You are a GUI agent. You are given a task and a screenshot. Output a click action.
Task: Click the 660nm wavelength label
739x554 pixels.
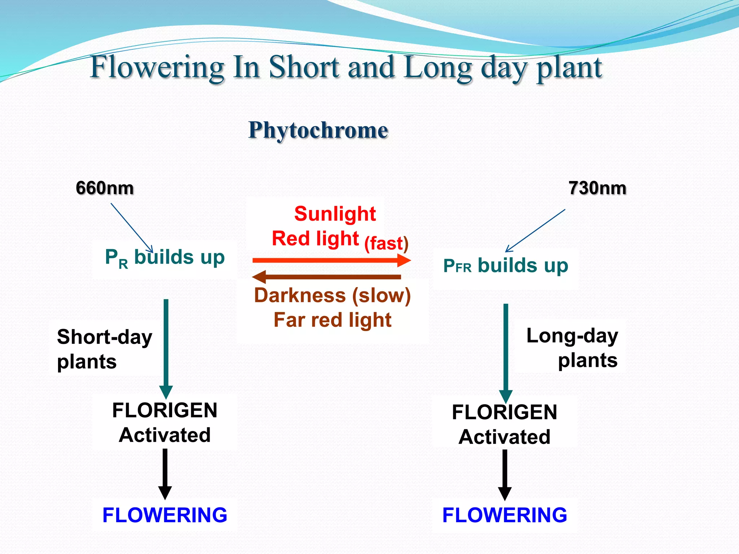tap(105, 188)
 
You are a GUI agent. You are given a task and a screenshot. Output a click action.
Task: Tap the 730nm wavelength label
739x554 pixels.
tap(597, 188)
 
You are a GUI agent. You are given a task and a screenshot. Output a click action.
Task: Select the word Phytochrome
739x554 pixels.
tap(318, 130)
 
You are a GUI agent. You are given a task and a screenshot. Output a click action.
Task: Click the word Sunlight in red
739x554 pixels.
tap(335, 214)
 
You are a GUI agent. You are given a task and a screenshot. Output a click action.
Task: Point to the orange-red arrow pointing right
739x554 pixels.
tap(331, 260)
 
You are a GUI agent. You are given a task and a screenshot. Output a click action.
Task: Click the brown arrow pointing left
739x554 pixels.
tap(327, 277)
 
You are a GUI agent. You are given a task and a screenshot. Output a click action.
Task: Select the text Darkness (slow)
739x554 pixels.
tap(332, 295)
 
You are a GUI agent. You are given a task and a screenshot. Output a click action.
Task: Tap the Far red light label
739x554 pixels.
tap(332, 320)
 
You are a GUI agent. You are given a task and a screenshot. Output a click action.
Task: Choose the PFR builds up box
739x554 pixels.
tap(506, 266)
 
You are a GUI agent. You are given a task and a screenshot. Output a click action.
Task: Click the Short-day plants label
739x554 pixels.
tap(104, 349)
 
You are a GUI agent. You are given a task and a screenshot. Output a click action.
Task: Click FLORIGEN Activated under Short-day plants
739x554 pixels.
tap(165, 422)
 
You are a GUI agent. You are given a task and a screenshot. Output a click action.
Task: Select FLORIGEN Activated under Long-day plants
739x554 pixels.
tap(504, 424)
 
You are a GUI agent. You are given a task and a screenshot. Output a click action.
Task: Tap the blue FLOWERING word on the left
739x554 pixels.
tap(165, 515)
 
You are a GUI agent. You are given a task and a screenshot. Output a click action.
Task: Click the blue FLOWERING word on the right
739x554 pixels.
tap(504, 515)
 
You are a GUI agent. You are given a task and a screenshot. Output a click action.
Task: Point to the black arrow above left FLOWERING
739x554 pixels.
tap(165, 473)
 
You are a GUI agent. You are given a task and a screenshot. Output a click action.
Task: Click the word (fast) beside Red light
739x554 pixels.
tap(386, 243)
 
